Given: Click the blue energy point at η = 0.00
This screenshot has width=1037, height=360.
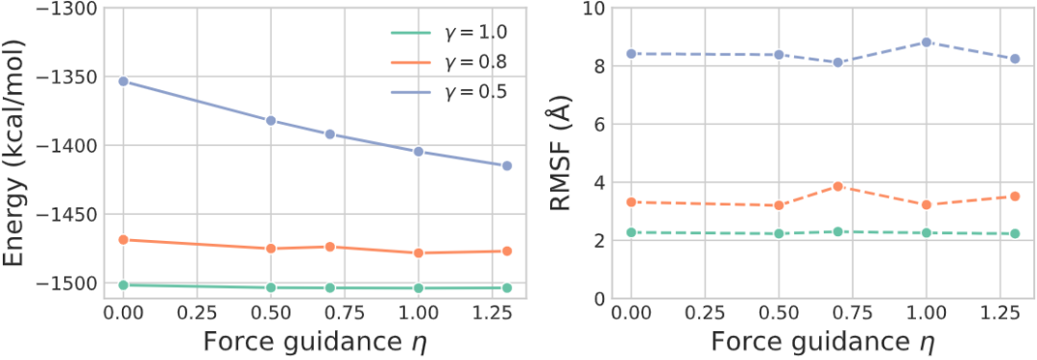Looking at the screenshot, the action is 123,82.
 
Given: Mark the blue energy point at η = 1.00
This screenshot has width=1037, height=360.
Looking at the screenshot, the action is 418,152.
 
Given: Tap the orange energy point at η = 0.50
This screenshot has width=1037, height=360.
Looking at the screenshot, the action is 271,249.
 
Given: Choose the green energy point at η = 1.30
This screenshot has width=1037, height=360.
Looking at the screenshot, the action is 507,288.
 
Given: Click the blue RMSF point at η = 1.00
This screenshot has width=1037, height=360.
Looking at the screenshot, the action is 927,42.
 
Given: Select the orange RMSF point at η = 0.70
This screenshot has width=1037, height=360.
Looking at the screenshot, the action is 838,186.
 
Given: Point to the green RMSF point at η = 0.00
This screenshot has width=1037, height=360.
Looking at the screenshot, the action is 632,232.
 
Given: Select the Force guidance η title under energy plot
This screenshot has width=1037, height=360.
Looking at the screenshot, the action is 315,342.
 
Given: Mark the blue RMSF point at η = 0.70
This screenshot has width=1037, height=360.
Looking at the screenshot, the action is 838,62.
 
